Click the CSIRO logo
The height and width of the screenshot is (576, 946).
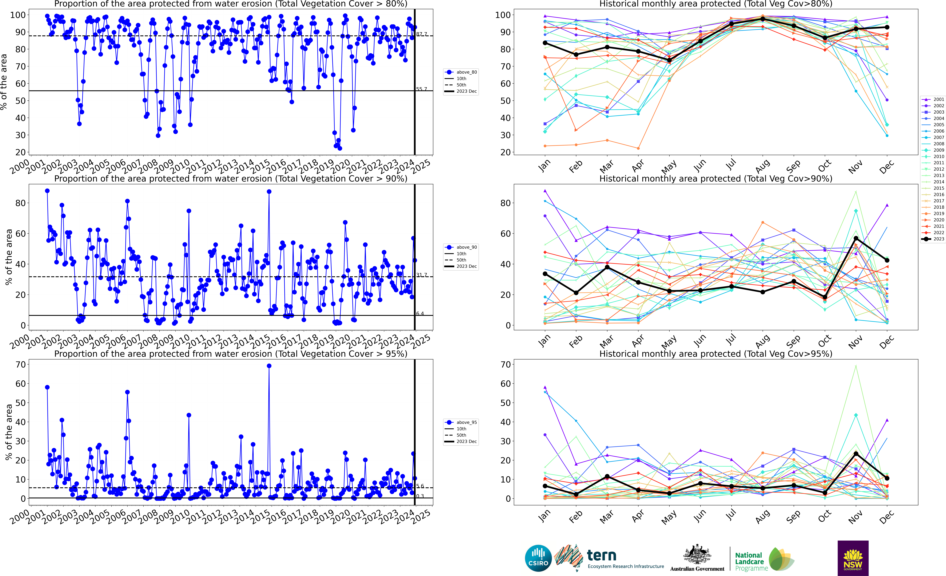click(x=538, y=558)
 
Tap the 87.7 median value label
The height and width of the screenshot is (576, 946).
click(x=422, y=34)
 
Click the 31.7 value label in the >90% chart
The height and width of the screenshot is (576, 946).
click(x=422, y=275)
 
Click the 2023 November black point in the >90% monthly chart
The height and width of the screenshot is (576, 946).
click(x=856, y=238)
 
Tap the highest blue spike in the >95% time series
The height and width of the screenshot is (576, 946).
click(x=269, y=366)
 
